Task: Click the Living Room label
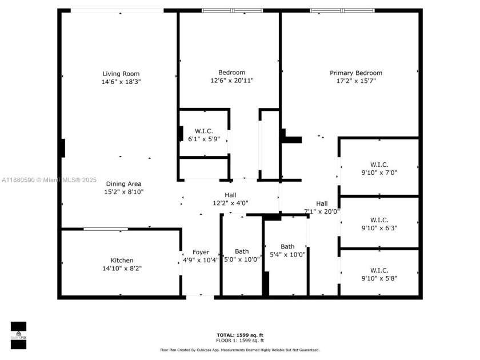click(x=121, y=74)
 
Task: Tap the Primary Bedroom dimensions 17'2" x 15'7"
click(x=356, y=81)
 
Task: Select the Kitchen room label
click(x=122, y=261)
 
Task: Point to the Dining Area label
click(x=123, y=184)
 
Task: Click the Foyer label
click(x=201, y=252)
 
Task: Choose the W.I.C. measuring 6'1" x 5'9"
click(x=203, y=139)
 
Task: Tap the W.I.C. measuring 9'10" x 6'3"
click(x=379, y=227)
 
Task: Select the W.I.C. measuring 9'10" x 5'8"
click(x=379, y=278)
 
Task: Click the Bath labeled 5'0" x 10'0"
click(x=242, y=259)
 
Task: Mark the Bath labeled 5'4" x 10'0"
click(x=287, y=255)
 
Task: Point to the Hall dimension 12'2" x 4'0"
click(x=230, y=203)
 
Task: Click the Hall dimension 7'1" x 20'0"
click(x=322, y=211)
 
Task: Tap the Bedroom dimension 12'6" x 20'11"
click(x=231, y=81)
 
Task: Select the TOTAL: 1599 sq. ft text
click(x=239, y=335)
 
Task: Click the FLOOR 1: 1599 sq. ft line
click(x=239, y=340)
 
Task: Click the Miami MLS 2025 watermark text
click(x=50, y=179)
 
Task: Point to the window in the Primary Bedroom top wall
click(x=342, y=10)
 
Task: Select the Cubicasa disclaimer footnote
click(x=239, y=350)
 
